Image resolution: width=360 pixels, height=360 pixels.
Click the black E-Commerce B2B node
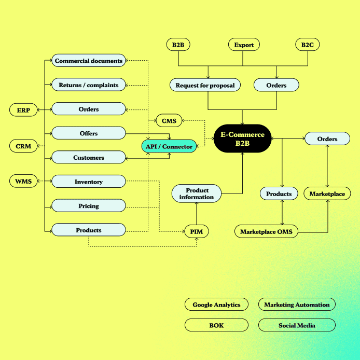pyautogui.click(x=242, y=139)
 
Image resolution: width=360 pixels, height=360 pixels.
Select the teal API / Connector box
pyautogui.click(x=169, y=146)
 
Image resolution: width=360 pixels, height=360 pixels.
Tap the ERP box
pyautogui.click(x=23, y=110)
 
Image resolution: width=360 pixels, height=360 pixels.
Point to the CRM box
pyautogui.click(x=23, y=146)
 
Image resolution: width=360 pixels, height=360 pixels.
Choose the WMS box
pyautogui.click(x=23, y=182)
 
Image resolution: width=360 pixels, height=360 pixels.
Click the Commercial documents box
pyautogui.click(x=89, y=61)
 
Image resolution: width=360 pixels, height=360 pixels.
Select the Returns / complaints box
pyautogui.click(x=89, y=85)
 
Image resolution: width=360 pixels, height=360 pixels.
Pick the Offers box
pyautogui.click(x=89, y=133)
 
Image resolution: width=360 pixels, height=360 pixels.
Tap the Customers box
pyautogui.click(x=89, y=158)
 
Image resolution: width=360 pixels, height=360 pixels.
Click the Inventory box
pyautogui.click(x=89, y=182)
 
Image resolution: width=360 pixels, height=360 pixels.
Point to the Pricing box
pyautogui.click(x=89, y=206)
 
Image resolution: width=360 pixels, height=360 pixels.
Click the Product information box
pyautogui.click(x=197, y=194)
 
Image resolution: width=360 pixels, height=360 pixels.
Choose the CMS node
pyautogui.click(x=169, y=121)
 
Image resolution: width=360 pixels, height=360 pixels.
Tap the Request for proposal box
pyautogui.click(x=205, y=85)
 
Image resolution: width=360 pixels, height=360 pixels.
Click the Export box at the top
pyautogui.click(x=244, y=45)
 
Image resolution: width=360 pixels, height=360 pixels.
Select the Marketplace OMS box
pyautogui.click(x=267, y=232)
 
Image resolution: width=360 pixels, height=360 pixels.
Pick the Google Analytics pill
pyautogui.click(x=216, y=304)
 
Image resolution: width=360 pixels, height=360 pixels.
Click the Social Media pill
pyautogui.click(x=297, y=325)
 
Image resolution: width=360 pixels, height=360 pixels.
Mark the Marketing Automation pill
pyautogui.click(x=297, y=304)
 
